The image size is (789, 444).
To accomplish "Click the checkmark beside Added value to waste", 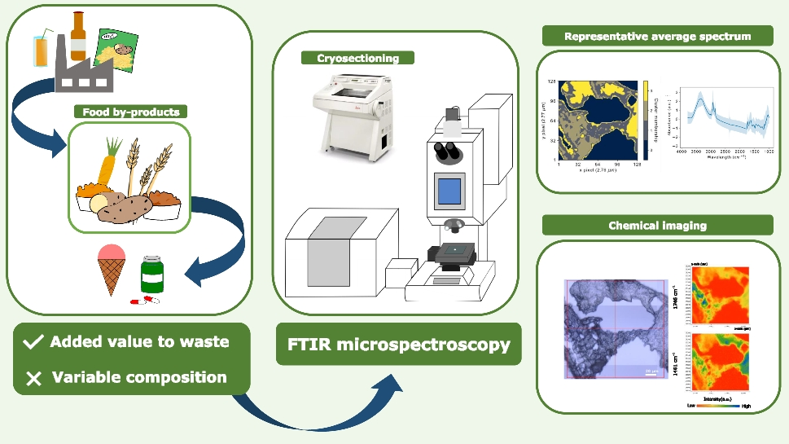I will [33, 342].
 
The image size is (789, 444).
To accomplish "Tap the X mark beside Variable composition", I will [33, 377].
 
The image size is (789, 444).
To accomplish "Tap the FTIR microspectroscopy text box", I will [398, 345].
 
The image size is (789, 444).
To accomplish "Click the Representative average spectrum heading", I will [657, 36].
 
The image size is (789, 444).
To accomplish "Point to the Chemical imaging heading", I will [657, 225].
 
